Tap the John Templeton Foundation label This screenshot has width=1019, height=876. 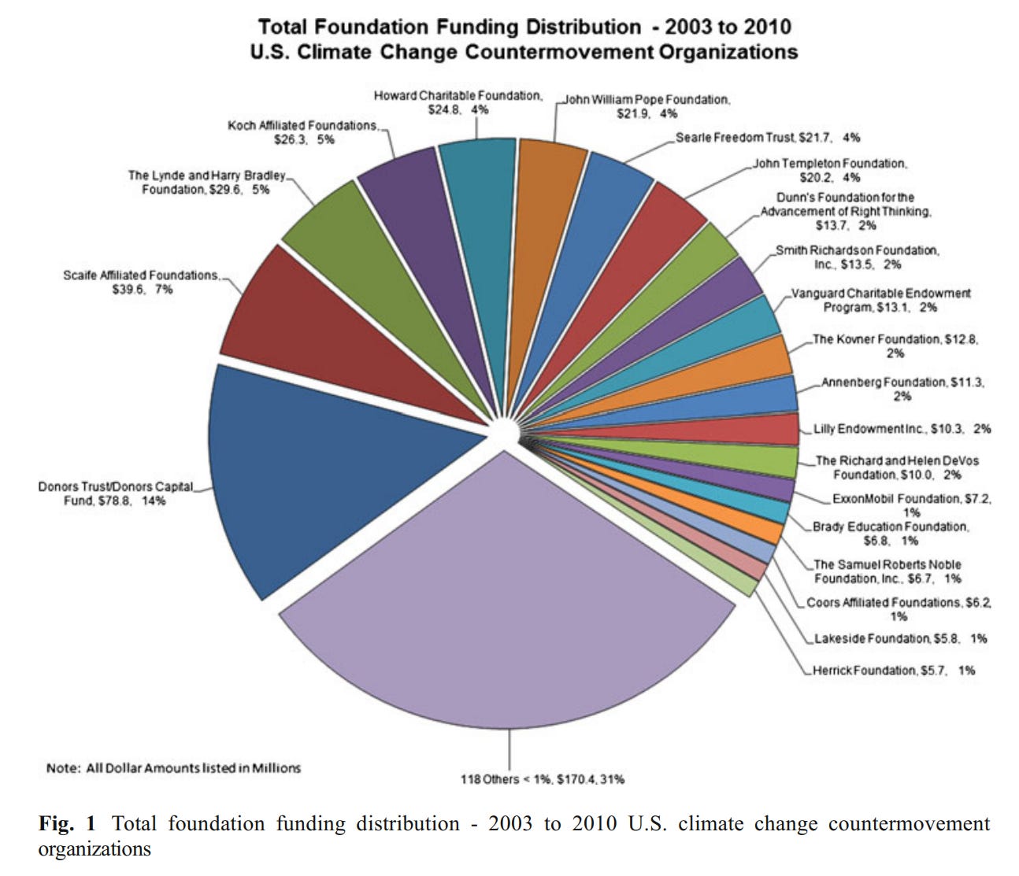(829, 171)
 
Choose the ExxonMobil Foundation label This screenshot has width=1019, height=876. (911, 505)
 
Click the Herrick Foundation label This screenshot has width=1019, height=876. (894, 671)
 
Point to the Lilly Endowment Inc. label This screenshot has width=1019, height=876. (902, 429)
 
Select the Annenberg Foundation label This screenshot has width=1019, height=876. (902, 389)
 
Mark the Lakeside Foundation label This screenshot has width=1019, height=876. (900, 638)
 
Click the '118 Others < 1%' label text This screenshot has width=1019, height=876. (542, 779)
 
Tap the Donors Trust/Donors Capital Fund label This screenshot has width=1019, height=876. (115, 493)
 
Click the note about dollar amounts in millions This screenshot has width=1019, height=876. (173, 768)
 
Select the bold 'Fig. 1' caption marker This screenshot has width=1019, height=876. (67, 824)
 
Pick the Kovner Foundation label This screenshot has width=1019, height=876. (895, 346)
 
